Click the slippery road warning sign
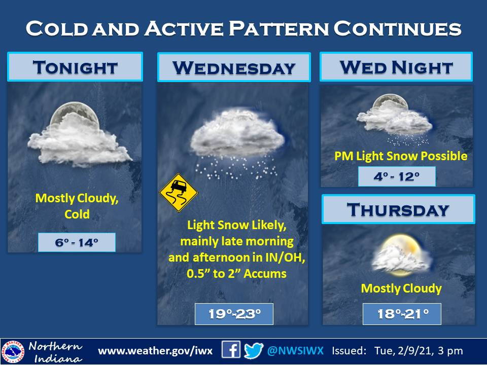(178, 193)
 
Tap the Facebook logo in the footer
(231, 350)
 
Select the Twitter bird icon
(254, 350)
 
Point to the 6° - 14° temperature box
(77, 242)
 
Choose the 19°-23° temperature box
(234, 314)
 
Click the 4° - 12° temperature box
(397, 176)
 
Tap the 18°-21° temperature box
(402, 314)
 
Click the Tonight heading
(75, 67)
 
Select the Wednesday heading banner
(234, 67)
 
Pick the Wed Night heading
(396, 67)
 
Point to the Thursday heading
(399, 209)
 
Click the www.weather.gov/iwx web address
(155, 351)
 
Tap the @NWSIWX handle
(295, 351)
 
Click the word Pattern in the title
(279, 28)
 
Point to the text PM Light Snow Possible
(401, 156)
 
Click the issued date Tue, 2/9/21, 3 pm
(419, 351)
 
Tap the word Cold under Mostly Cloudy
(77, 214)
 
